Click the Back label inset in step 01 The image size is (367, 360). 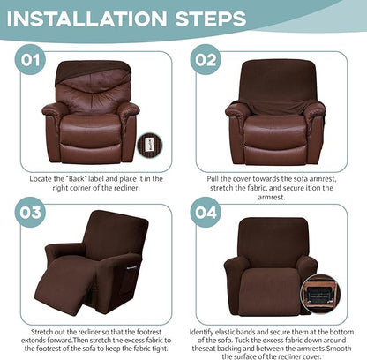(x=148, y=144)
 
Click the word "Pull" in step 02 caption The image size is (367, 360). (x=215, y=178)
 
